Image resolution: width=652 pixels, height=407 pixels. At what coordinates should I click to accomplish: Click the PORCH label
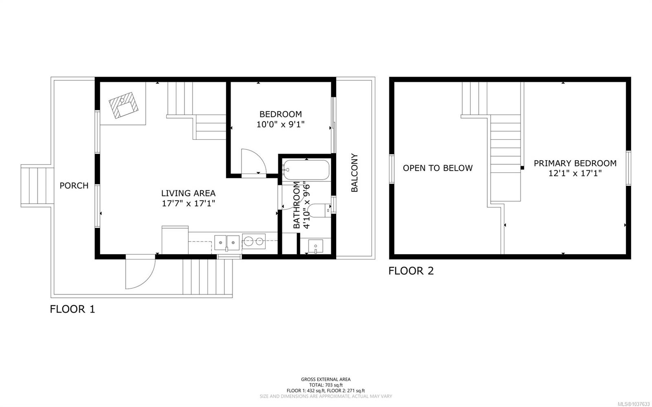(x=74, y=186)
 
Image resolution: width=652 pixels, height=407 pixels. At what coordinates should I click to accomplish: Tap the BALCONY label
(x=354, y=173)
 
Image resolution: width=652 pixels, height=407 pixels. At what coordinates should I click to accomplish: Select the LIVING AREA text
(x=188, y=193)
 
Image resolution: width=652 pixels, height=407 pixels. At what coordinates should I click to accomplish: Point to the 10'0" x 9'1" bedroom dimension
(x=280, y=125)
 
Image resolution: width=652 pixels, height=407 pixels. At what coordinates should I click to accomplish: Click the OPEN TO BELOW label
(x=438, y=168)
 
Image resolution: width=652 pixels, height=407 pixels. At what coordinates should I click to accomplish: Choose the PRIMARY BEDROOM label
(x=575, y=163)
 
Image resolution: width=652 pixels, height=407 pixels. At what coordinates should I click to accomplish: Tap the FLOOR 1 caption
(x=73, y=309)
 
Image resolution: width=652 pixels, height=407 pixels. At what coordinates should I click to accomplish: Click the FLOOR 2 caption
(x=411, y=271)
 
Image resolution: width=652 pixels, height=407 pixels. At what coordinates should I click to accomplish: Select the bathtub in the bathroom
(x=306, y=170)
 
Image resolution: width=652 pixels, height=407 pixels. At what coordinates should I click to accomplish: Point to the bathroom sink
(x=315, y=247)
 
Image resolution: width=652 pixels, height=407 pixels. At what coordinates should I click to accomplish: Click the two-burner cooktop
(x=254, y=241)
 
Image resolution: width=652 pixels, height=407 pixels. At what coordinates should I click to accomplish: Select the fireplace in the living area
(x=123, y=105)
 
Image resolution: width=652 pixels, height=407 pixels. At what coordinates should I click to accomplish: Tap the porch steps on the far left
(x=37, y=186)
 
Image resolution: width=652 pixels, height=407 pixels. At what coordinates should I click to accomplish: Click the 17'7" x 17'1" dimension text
(x=188, y=203)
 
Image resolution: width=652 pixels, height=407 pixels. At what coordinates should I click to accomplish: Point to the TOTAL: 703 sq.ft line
(x=326, y=385)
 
